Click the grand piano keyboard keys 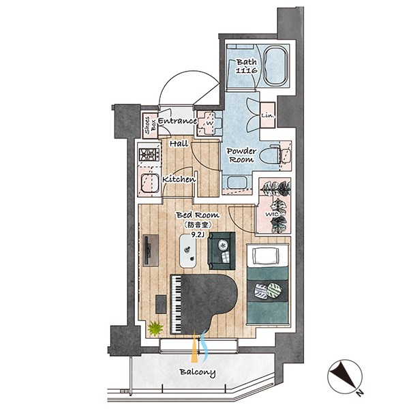(177, 304)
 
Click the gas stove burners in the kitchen (149, 155)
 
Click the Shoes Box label (150, 125)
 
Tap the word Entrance (177, 121)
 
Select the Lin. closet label (268, 115)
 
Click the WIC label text (271, 215)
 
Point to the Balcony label (198, 372)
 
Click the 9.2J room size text (198, 234)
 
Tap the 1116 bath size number (247, 70)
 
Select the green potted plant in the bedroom (155, 328)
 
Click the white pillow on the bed (267, 256)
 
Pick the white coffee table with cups (188, 251)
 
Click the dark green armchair (222, 251)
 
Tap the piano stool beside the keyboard (161, 304)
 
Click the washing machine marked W (210, 123)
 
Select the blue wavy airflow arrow (204, 346)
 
